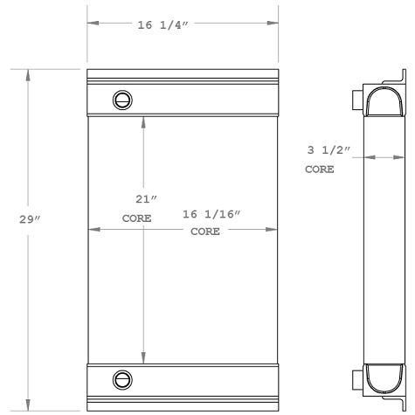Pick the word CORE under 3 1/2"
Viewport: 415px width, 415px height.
pyautogui.click(x=319, y=169)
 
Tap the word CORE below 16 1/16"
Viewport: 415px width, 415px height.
pyautogui.click(x=204, y=232)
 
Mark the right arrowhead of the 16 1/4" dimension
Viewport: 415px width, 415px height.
pyautogui.click(x=273, y=25)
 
